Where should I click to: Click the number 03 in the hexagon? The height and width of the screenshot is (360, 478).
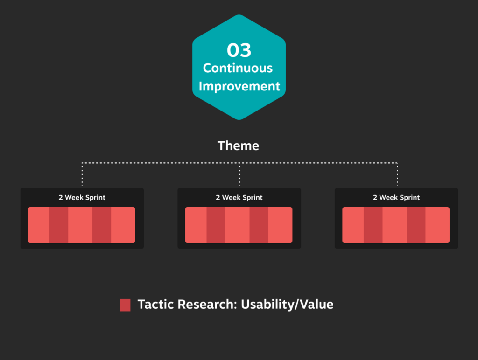pos(239,50)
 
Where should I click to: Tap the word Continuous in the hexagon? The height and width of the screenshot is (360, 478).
pos(238,68)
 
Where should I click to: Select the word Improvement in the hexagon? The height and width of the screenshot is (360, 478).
pos(239,87)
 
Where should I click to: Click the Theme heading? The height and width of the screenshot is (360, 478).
pos(238,145)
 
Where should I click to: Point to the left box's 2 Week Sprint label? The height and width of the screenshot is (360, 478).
pos(82,197)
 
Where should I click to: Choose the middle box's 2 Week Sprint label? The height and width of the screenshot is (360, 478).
pos(239,197)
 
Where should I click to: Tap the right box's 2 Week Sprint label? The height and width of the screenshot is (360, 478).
pos(396,197)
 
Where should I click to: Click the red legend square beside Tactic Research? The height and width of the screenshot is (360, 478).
pos(125,305)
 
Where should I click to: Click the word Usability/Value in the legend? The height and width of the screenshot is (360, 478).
pos(287,305)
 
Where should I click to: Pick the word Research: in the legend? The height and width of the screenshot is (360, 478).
pos(207,304)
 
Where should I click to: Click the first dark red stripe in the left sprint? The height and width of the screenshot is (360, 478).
pos(59,225)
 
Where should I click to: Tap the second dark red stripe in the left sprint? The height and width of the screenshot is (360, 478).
pos(102,225)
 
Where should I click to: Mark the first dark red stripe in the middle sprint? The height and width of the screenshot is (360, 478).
pos(216,225)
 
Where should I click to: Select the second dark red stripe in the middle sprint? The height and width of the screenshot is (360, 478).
pos(259,225)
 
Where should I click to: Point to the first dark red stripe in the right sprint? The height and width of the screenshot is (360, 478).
pos(373,225)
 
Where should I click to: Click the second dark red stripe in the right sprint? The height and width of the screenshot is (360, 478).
pos(416,225)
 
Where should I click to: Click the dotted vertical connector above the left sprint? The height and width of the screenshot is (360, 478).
pos(82,174)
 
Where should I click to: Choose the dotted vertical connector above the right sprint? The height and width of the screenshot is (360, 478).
pos(398,174)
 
